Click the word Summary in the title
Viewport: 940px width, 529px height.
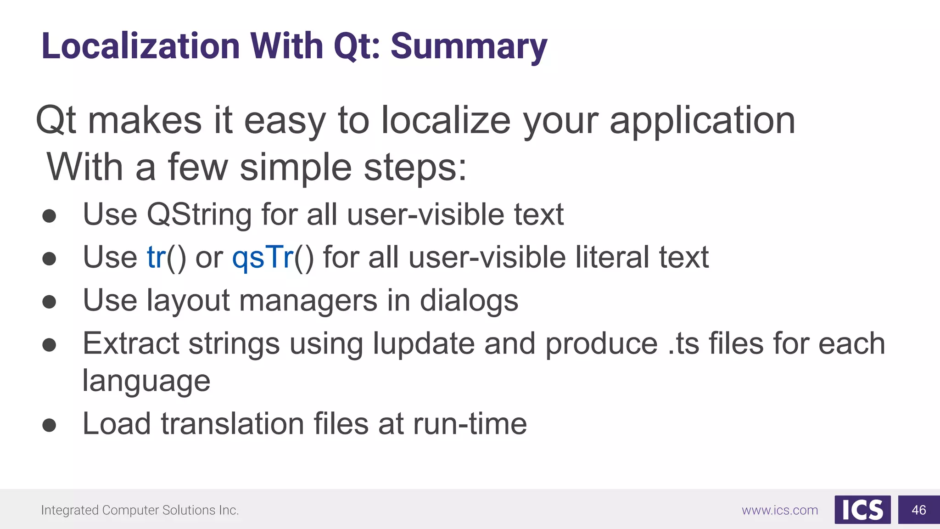coord(469,47)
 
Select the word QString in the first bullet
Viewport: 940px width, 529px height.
coord(199,215)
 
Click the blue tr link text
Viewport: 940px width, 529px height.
coord(157,257)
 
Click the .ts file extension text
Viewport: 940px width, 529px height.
coord(683,344)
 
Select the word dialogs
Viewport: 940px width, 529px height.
coord(469,301)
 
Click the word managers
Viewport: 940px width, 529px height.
coord(308,301)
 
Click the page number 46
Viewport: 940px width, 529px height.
coord(918,510)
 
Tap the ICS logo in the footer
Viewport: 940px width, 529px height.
coord(862,510)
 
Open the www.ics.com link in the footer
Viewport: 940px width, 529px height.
coord(780,510)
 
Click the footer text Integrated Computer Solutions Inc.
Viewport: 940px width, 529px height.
coord(140,510)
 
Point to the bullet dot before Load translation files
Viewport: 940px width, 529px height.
coord(49,425)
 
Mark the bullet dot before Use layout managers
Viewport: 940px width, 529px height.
coord(49,302)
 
